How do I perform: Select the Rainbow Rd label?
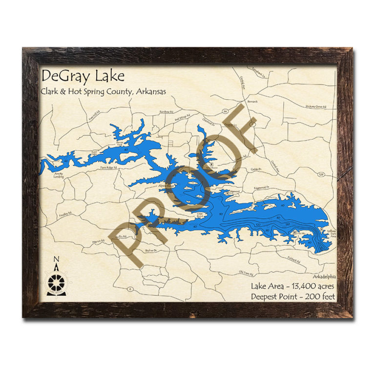[x=166, y=112]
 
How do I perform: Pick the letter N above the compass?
[x=56, y=259]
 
